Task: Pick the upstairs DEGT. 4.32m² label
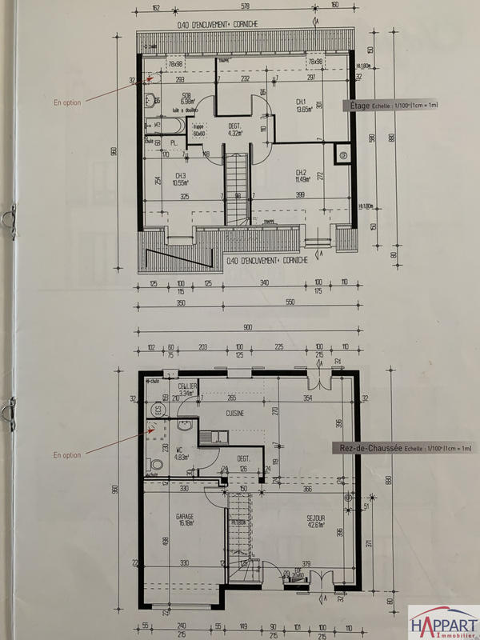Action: pyautogui.click(x=234, y=130)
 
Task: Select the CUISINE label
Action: pyautogui.click(x=234, y=414)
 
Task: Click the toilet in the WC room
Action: pyautogui.click(x=156, y=464)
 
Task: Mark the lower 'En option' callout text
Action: pyautogui.click(x=67, y=455)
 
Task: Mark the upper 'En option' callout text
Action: pyautogui.click(x=67, y=102)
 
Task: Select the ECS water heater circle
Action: pyautogui.click(x=158, y=409)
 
